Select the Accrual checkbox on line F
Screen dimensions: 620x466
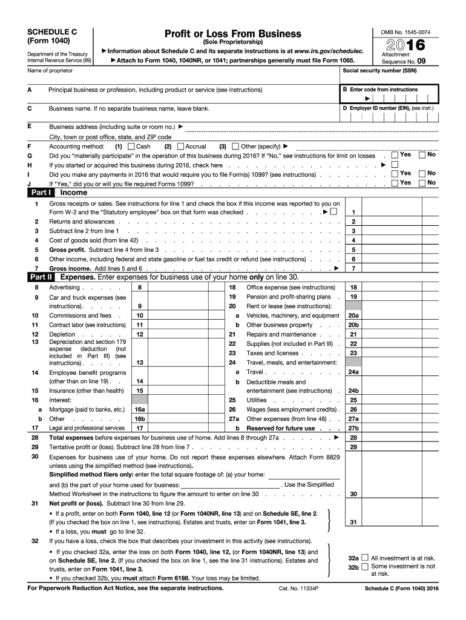pos(180,147)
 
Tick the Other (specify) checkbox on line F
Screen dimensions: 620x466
pos(236,147)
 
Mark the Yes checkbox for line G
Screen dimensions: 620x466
pos(395,155)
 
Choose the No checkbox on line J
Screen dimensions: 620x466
pos(422,182)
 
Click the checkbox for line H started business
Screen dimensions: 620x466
pos(395,164)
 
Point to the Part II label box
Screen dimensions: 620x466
pos(42,277)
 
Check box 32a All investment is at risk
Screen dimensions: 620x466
pos(365,558)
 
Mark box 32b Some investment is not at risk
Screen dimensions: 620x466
pos(365,567)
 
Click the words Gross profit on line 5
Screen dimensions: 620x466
pos(67,249)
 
